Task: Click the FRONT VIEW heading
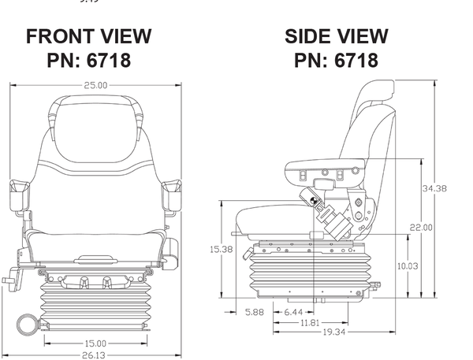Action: (88, 36)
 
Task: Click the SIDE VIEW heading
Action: (336, 36)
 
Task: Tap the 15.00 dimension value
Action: (95, 343)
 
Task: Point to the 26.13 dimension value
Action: (95, 354)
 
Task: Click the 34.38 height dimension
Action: (434, 188)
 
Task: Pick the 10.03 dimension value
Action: (407, 266)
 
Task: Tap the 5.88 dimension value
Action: (255, 313)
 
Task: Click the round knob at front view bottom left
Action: (27, 322)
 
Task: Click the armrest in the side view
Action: (325, 166)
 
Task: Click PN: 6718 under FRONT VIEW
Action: (88, 60)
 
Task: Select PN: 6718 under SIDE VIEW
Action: (336, 60)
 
